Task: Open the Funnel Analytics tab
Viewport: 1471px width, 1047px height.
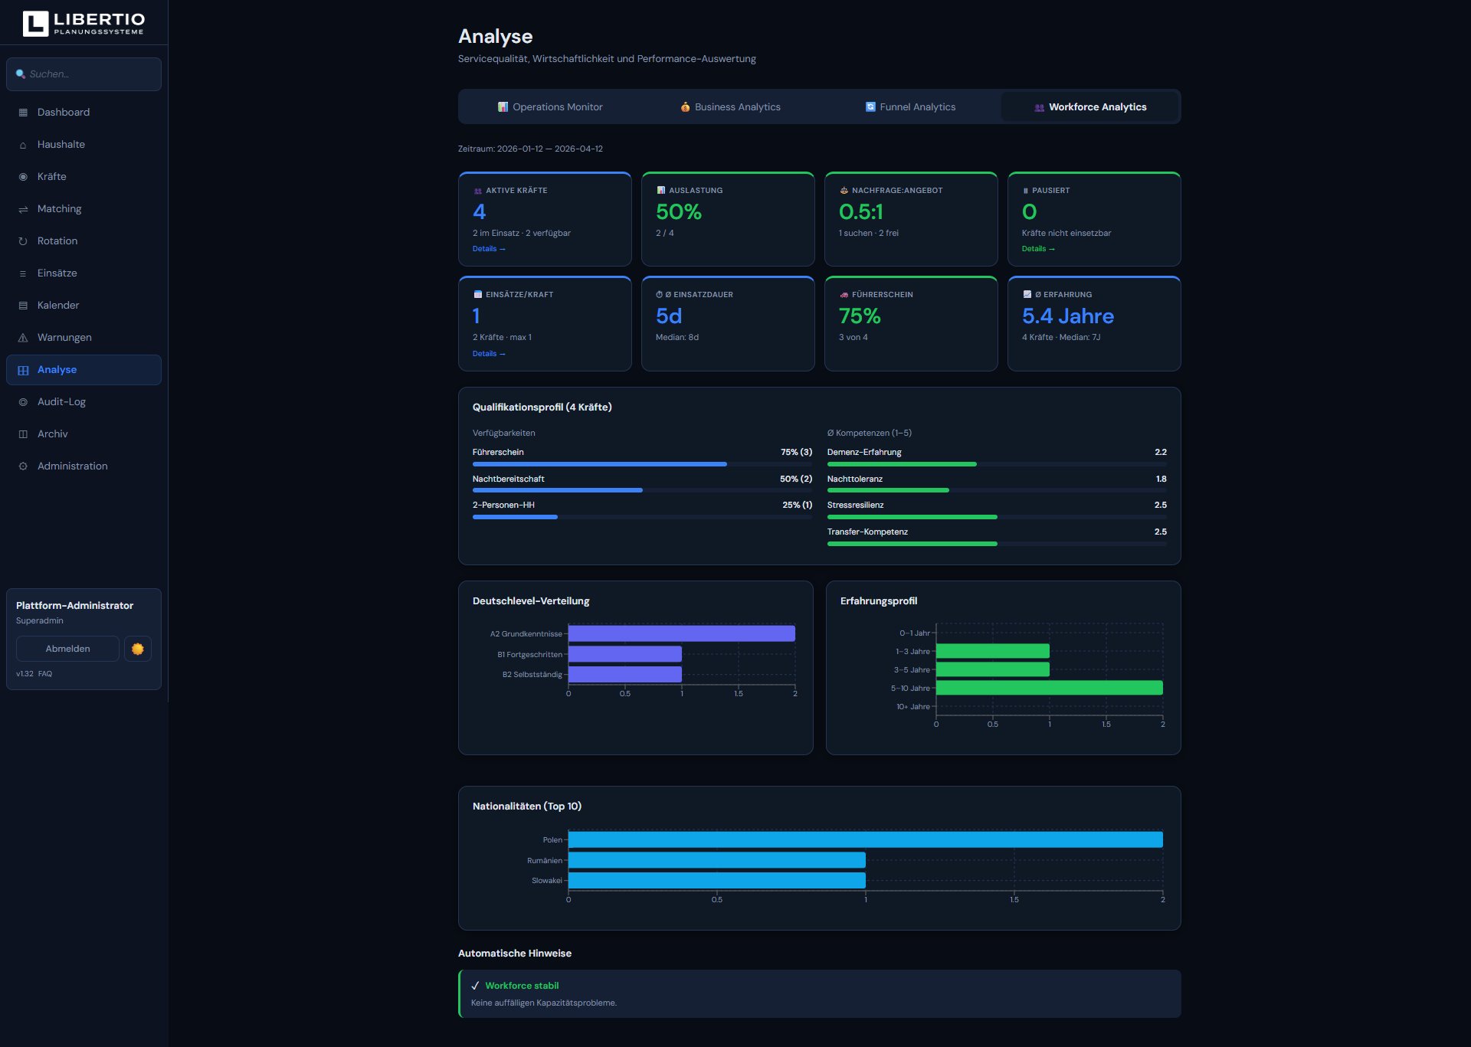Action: pyautogui.click(x=910, y=107)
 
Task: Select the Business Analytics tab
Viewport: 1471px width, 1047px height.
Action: pyautogui.click(x=730, y=107)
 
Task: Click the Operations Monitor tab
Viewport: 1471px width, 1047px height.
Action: pyautogui.click(x=550, y=107)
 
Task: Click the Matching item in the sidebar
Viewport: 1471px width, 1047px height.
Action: pyautogui.click(x=59, y=209)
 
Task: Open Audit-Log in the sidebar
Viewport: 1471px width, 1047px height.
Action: pyautogui.click(x=61, y=402)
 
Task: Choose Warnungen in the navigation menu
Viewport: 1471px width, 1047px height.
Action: pyautogui.click(x=64, y=338)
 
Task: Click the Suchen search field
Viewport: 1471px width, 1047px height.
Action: pyautogui.click(x=84, y=74)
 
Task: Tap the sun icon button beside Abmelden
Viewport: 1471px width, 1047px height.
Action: pyautogui.click(x=138, y=649)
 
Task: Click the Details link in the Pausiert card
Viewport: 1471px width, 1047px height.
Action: pyautogui.click(x=1038, y=249)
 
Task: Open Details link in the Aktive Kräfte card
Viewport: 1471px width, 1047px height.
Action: pyautogui.click(x=489, y=249)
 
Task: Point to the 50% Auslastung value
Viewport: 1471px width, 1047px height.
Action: pyautogui.click(x=679, y=211)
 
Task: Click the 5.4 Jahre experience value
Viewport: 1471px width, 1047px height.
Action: pyautogui.click(x=1067, y=316)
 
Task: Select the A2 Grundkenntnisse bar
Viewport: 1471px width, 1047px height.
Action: pyautogui.click(x=681, y=633)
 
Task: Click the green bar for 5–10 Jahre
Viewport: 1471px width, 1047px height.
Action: pyautogui.click(x=1049, y=688)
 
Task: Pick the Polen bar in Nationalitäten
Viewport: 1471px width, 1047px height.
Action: pyautogui.click(x=865, y=839)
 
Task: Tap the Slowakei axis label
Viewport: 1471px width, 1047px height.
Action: pyautogui.click(x=546, y=881)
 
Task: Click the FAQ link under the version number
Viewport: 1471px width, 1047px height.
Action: pyautogui.click(x=45, y=674)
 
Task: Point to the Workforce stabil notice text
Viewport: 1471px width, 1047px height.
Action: pyautogui.click(x=522, y=986)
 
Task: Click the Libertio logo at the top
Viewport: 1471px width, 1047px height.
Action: pyautogui.click(x=84, y=23)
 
